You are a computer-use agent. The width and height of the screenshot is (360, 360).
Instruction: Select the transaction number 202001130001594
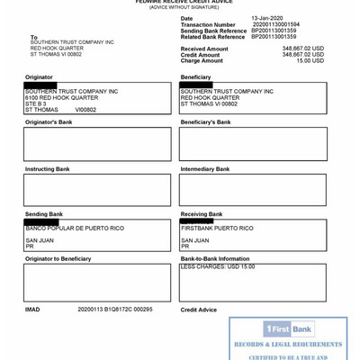(x=276, y=24)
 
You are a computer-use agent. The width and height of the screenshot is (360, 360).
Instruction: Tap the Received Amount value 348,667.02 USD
(x=303, y=49)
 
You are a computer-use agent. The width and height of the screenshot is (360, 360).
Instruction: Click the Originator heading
(x=40, y=77)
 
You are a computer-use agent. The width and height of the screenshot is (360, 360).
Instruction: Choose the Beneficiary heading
(x=196, y=77)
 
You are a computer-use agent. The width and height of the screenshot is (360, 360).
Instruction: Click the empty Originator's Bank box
(x=97, y=144)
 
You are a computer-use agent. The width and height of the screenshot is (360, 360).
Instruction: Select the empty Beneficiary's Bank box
(x=253, y=144)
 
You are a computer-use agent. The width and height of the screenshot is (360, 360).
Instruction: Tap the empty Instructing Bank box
(x=97, y=190)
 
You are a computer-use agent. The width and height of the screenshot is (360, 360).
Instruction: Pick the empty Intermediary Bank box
(x=253, y=190)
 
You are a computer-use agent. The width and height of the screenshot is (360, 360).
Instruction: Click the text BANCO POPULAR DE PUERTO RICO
(x=75, y=229)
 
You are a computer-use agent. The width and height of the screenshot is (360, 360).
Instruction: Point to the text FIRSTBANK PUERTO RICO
(x=217, y=229)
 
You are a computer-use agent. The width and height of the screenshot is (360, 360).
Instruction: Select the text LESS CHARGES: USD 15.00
(x=218, y=267)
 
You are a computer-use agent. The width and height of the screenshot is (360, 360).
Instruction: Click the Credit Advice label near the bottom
(x=199, y=310)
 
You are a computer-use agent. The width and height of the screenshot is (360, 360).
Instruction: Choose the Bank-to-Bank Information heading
(x=215, y=259)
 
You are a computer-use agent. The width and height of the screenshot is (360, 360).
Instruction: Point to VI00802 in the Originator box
(x=85, y=110)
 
